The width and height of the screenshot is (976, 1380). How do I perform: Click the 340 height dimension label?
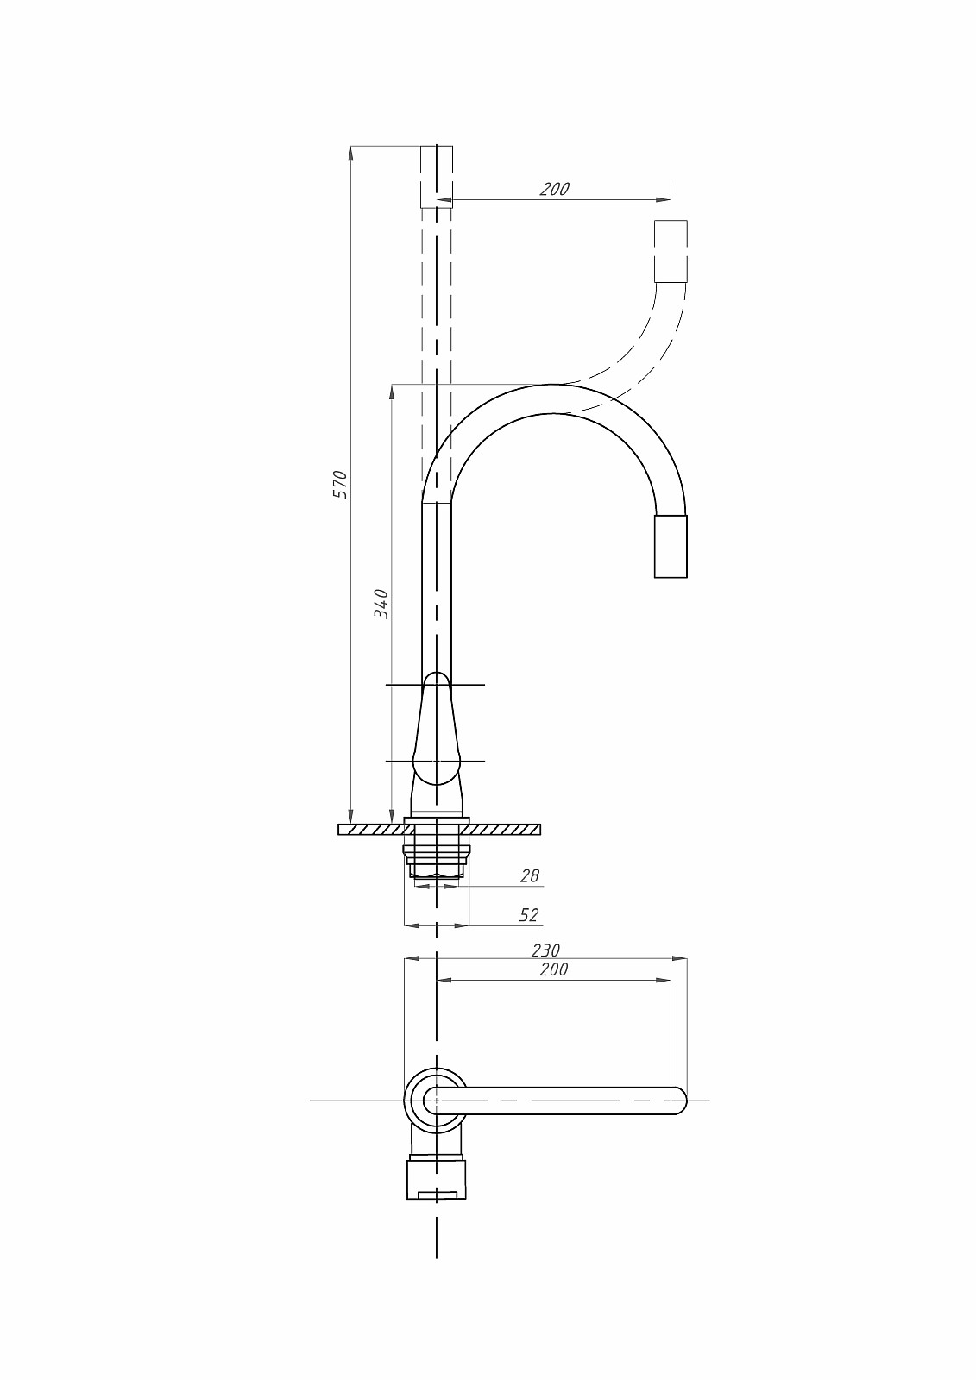coord(381,604)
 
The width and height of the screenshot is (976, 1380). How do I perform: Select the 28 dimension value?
coord(530,875)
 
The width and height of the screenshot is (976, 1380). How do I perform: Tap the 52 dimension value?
coord(529,915)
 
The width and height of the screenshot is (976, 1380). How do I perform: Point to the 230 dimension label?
coord(545,950)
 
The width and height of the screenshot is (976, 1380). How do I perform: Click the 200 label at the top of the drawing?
coord(554,189)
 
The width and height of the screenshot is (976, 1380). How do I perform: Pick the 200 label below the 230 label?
coord(554,969)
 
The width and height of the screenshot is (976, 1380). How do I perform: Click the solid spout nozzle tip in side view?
coord(671,546)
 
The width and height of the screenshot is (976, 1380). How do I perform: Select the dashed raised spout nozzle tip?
coord(671,251)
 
